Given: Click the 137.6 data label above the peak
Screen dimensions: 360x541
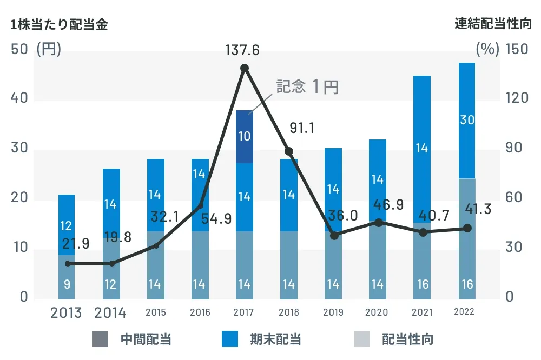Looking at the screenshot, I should [x=243, y=51].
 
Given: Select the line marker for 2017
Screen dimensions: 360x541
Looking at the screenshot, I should [x=245, y=68].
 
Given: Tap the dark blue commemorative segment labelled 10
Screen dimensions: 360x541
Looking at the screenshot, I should [x=245, y=136].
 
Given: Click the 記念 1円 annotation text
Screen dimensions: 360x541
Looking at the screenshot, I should [x=307, y=87].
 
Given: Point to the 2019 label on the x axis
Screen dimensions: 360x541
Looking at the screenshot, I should [x=333, y=312].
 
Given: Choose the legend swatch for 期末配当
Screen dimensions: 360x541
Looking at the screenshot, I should [x=230, y=339].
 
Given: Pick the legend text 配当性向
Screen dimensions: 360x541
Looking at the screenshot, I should [x=407, y=339].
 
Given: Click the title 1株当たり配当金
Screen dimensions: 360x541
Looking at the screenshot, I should [x=59, y=25].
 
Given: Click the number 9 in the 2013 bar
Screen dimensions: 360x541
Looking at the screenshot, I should [x=67, y=284].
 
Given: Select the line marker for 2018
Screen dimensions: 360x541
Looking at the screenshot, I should [x=289, y=151].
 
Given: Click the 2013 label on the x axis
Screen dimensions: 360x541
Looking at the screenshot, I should [x=66, y=312].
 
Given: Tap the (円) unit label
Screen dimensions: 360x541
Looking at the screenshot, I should [x=49, y=49].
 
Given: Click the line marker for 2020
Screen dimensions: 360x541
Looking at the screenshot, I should [x=379, y=222].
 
